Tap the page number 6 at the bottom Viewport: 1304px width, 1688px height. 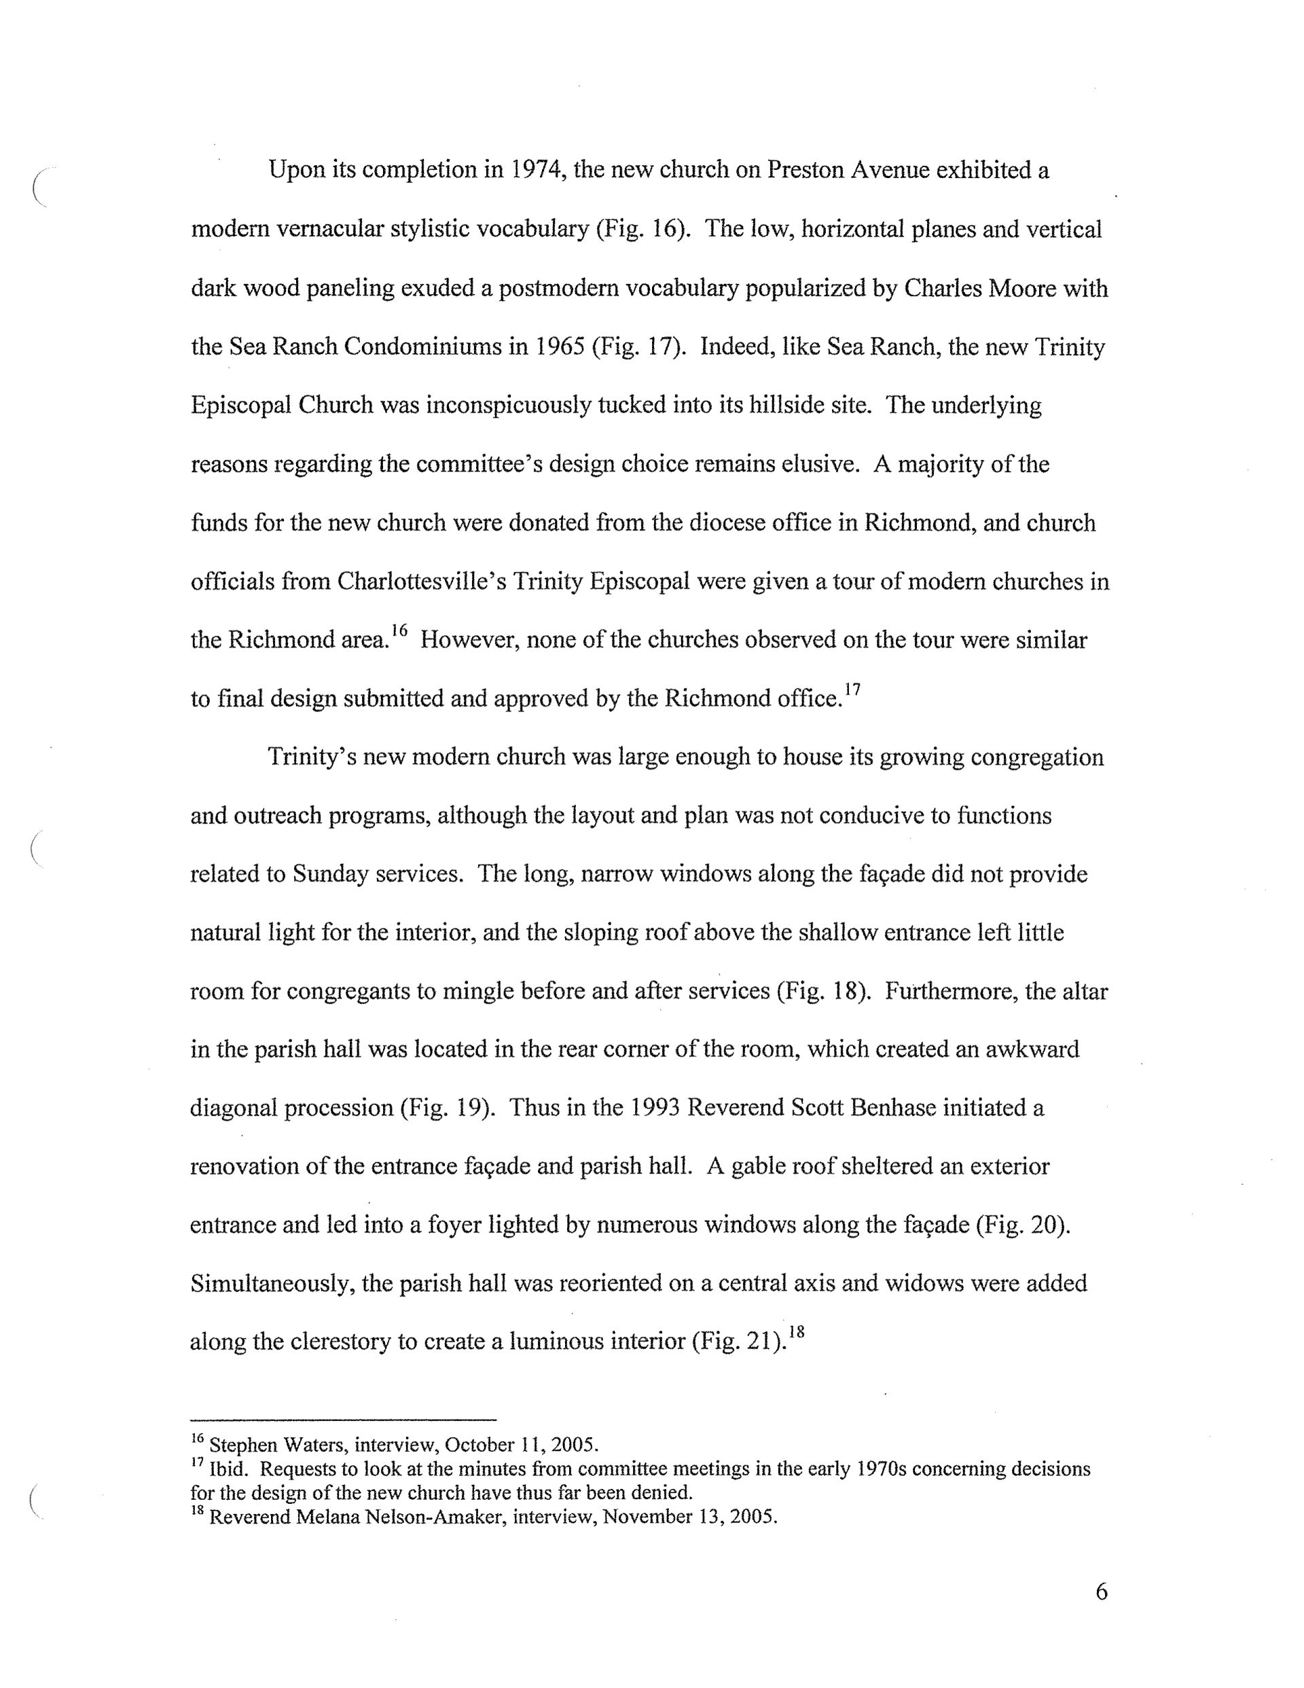1102,1592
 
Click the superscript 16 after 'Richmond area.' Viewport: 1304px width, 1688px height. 399,630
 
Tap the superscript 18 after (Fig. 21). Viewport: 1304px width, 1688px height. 796,1331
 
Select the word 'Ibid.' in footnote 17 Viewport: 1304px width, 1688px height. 229,1469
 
